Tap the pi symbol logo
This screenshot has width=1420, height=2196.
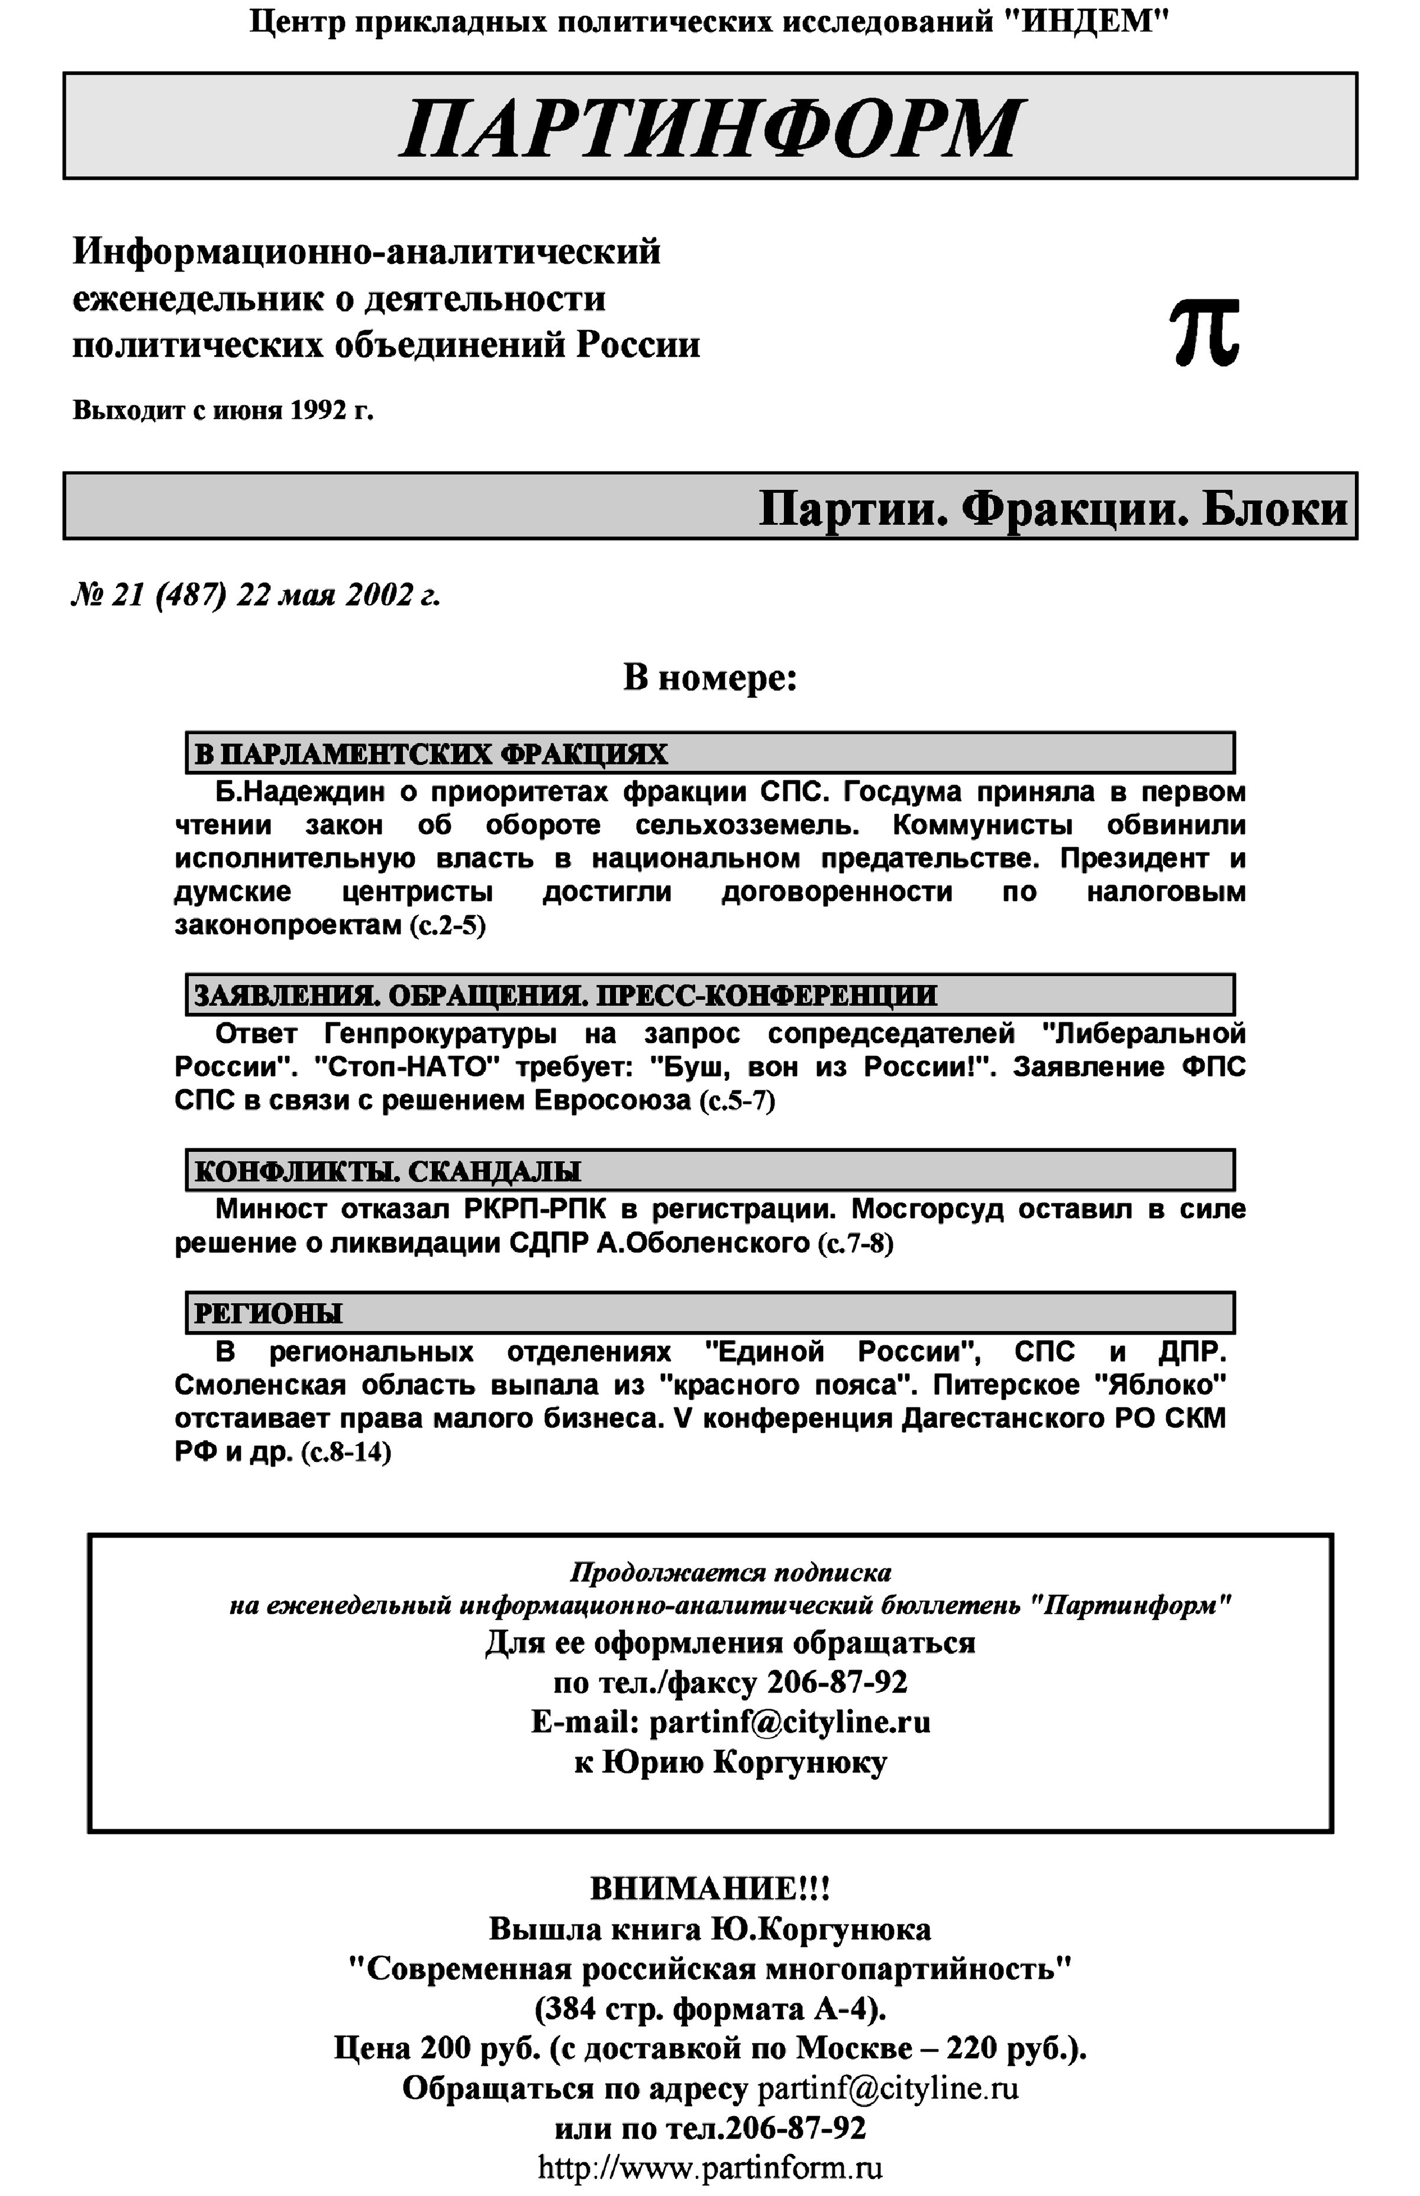point(1204,333)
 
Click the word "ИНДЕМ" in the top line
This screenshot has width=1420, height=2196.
point(1083,21)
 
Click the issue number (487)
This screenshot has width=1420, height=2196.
point(191,596)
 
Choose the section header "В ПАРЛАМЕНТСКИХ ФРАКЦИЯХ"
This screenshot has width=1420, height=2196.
point(431,754)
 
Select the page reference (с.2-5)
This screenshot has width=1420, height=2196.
point(447,925)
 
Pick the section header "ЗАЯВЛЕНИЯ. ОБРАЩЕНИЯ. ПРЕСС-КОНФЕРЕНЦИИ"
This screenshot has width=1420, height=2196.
point(565,996)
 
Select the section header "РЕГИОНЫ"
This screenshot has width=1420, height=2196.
point(267,1313)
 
